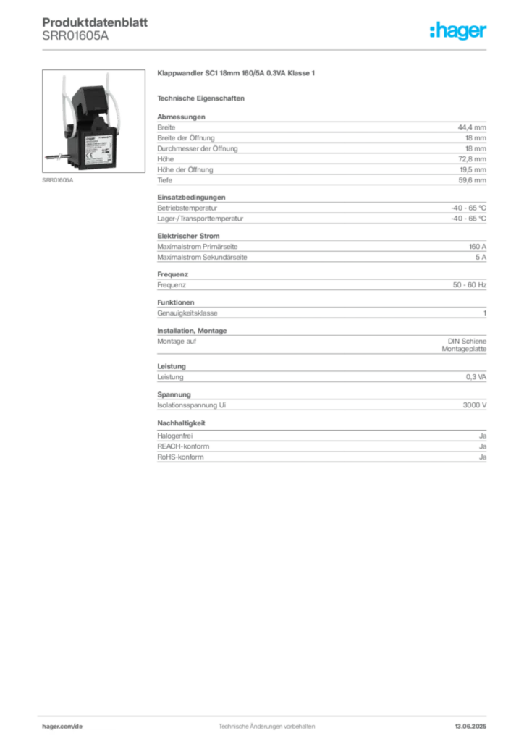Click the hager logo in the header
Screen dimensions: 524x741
(458, 30)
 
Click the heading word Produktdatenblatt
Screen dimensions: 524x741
(95, 22)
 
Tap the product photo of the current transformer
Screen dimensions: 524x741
(93, 121)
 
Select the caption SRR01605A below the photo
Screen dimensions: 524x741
(58, 180)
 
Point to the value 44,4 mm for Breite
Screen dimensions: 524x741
(472, 127)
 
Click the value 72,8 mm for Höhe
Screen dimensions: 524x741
(472, 158)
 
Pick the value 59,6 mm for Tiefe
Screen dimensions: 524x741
(472, 180)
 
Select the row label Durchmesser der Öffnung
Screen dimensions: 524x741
(198, 148)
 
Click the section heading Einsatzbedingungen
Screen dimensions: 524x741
(191, 197)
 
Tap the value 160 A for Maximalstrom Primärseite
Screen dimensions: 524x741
(477, 246)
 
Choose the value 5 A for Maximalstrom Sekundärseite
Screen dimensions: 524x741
(481, 257)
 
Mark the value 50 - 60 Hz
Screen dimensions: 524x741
(469, 285)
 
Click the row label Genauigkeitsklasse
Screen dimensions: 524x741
(187, 313)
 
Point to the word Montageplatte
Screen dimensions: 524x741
(464, 349)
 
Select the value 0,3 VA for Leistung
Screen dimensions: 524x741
(476, 376)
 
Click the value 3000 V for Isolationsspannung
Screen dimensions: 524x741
(474, 405)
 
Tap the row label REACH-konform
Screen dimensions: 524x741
(183, 446)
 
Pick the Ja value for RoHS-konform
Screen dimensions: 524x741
(483, 457)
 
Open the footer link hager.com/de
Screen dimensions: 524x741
(62, 727)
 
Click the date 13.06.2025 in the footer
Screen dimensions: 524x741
(470, 727)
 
